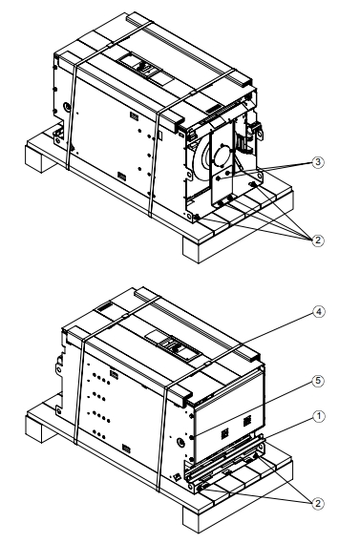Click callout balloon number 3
pos(318,162)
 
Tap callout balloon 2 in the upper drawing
pos(318,240)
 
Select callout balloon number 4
pos(319,312)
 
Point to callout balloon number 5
pos(318,382)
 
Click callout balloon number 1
pos(319,416)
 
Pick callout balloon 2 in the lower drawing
pos(318,503)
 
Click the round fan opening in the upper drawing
pos(222,157)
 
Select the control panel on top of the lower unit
pos(173,345)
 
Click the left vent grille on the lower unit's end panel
pos(224,432)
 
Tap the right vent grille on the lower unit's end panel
pos(246,421)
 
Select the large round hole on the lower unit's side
pos(180,442)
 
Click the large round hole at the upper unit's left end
pos(68,107)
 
